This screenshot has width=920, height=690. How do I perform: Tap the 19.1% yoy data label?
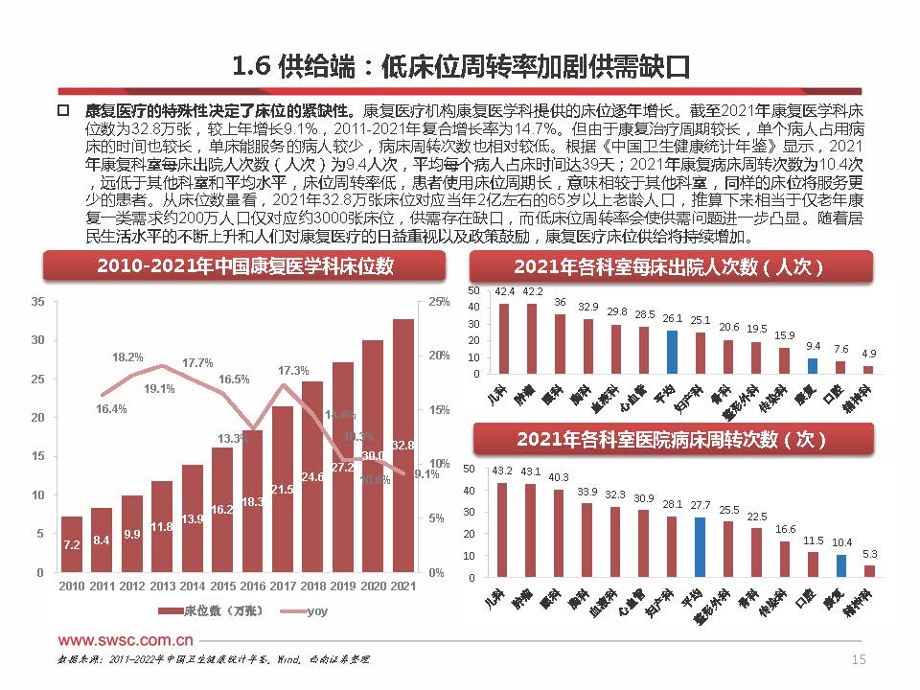(159, 389)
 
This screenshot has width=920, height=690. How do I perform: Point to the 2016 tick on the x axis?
(252, 584)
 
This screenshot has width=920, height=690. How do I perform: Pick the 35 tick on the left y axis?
(38, 302)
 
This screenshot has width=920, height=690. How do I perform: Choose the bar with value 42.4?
(504, 338)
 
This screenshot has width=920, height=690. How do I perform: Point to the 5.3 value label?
(869, 553)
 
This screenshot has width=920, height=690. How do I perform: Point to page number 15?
(859, 659)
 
